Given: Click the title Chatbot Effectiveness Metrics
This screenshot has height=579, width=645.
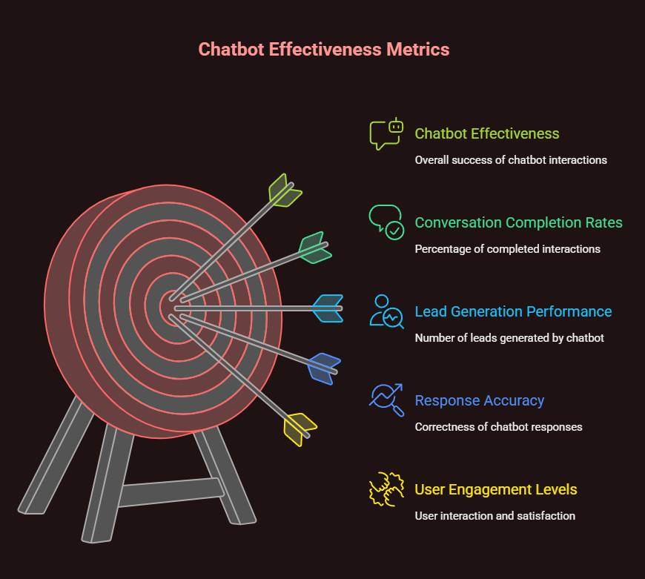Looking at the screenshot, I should [323, 50].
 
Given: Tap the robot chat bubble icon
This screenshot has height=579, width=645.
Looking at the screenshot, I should [387, 133].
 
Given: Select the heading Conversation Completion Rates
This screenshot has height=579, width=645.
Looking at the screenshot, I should [518, 222].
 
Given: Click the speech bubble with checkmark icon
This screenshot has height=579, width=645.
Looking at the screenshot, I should [386, 222].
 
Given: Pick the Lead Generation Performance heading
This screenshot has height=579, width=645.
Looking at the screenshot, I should [513, 311].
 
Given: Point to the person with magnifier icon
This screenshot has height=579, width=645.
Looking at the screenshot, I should [386, 311].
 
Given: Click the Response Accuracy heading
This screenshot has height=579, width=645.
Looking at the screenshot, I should [479, 400].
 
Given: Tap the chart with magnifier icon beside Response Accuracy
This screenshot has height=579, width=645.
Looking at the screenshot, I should [386, 400].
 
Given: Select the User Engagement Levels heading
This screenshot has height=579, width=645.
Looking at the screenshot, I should [495, 489].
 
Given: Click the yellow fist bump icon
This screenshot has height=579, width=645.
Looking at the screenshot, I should [386, 489].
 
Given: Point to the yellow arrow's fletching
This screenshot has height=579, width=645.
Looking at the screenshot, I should [300, 429].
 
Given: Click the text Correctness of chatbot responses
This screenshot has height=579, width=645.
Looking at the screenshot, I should [498, 427].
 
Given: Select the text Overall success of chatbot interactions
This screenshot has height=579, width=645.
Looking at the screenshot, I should [511, 160].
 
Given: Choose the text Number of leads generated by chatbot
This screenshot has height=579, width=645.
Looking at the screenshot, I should [509, 338].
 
